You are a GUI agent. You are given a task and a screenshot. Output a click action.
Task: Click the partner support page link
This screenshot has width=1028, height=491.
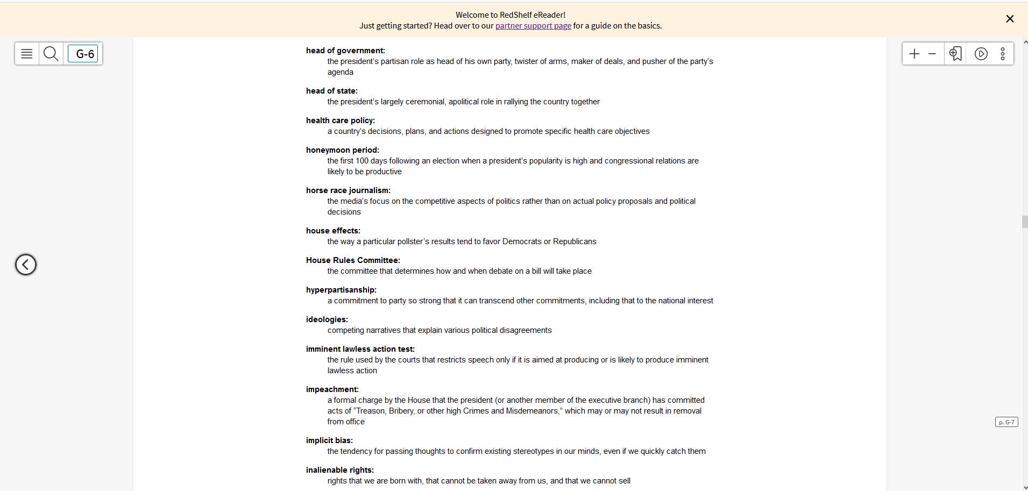(533, 26)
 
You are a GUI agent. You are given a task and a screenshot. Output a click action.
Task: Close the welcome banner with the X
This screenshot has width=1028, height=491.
(1010, 19)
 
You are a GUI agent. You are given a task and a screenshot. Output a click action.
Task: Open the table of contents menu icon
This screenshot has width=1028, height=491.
(27, 54)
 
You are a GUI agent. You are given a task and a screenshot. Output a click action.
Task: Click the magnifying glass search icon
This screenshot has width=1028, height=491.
(51, 54)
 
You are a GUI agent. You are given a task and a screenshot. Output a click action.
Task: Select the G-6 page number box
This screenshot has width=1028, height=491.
(83, 54)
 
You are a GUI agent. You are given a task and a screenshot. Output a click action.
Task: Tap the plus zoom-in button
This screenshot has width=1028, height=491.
(914, 54)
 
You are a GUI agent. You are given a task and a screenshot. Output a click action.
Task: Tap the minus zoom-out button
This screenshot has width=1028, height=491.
(932, 54)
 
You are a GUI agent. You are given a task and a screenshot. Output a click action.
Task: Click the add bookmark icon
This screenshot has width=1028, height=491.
(955, 54)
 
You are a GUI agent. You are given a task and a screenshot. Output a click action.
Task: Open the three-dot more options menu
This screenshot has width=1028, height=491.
(1003, 54)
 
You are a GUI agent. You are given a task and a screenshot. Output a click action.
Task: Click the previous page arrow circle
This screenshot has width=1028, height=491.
(26, 265)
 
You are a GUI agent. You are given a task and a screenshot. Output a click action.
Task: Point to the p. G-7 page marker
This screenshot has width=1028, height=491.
(1006, 422)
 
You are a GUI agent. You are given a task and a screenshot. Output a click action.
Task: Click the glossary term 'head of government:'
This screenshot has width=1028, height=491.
(345, 51)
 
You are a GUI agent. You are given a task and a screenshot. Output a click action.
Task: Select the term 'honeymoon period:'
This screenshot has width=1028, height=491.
(342, 150)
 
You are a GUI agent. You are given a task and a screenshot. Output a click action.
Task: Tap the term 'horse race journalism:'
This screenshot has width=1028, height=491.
(348, 190)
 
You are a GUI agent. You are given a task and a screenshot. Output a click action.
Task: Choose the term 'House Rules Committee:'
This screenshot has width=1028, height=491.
(353, 260)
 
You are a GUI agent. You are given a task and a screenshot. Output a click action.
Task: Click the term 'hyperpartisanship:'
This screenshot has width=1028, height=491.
(341, 290)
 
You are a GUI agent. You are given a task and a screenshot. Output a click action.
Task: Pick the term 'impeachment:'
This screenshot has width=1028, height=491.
(332, 389)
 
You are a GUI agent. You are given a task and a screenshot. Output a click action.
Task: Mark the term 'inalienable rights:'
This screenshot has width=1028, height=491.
(339, 470)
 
